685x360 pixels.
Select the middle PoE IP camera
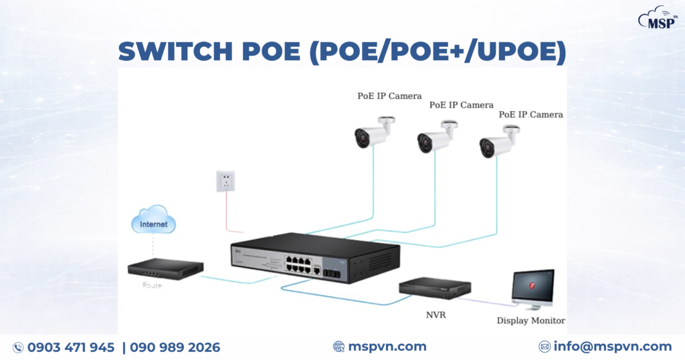(x=435, y=139)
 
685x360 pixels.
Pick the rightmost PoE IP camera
(x=498, y=142)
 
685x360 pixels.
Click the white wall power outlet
(x=225, y=181)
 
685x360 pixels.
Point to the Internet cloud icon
(x=153, y=223)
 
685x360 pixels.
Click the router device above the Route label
(x=165, y=269)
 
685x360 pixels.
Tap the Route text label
(x=152, y=285)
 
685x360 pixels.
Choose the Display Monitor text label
(x=530, y=321)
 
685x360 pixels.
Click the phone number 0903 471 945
(x=70, y=347)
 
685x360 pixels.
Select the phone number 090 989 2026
(x=175, y=347)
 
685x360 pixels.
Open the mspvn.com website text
(x=387, y=347)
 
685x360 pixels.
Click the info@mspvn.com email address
(x=612, y=347)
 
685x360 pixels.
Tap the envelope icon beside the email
(x=545, y=347)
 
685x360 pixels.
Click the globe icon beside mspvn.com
(x=338, y=347)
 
